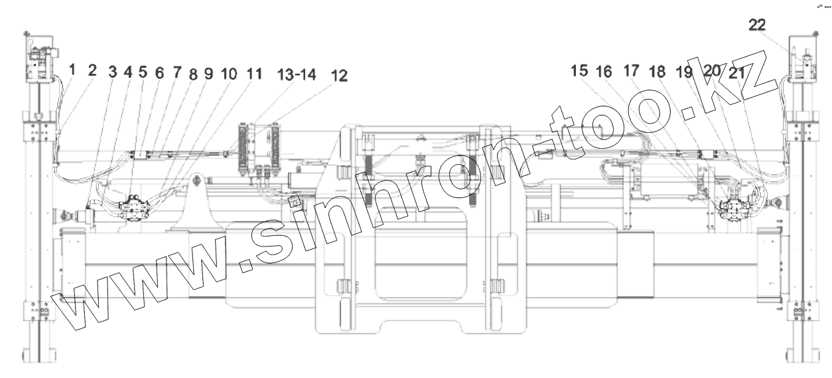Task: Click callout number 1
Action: tap(72, 70)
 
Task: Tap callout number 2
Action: tap(92, 70)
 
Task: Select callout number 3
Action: tap(113, 72)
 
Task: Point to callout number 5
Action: tap(143, 72)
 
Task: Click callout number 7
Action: tap(177, 72)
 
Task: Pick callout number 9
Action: tap(209, 74)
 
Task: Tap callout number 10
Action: tap(229, 74)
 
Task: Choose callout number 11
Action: tap(255, 73)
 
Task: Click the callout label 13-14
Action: tap(297, 74)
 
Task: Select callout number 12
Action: tap(339, 76)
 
